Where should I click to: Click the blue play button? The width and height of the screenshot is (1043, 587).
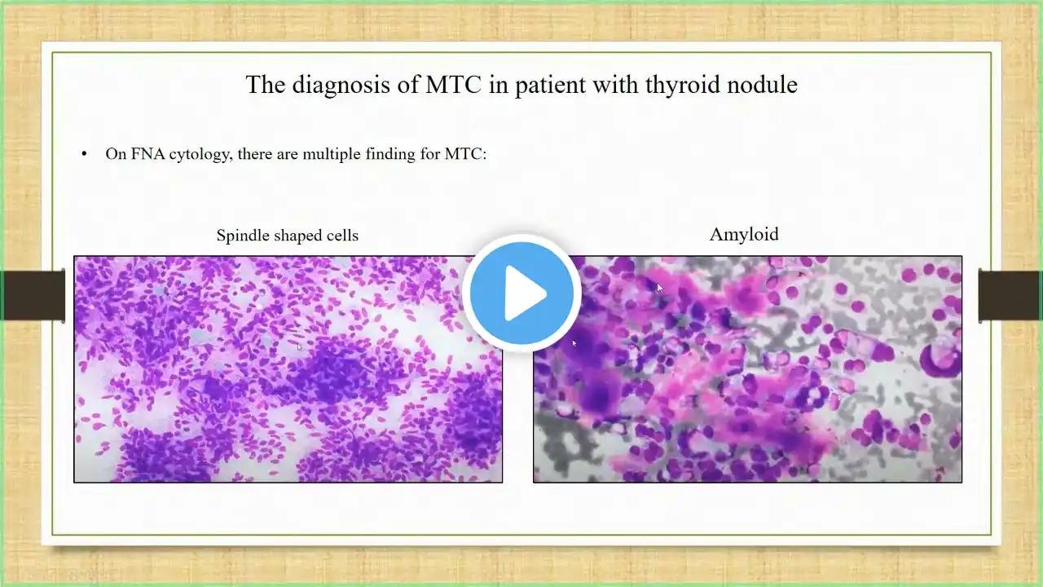point(521,293)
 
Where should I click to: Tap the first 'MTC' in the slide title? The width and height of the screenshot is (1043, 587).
point(453,85)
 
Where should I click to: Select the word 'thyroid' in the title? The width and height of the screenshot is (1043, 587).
point(684,86)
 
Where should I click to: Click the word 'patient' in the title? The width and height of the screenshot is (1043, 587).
point(550,86)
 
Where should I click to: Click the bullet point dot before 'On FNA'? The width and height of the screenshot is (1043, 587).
point(84,154)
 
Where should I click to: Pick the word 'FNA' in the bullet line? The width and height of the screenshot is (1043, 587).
point(148,153)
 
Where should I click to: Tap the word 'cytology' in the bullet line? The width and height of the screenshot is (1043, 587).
point(200,154)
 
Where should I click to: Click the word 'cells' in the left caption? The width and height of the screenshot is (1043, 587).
point(344,236)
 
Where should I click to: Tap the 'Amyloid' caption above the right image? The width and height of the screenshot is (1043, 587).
point(744,234)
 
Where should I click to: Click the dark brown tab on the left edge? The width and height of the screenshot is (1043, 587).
point(33,295)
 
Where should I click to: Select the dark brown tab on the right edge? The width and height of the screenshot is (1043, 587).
point(1010,295)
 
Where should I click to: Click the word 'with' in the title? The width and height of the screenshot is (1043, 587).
point(615,84)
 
